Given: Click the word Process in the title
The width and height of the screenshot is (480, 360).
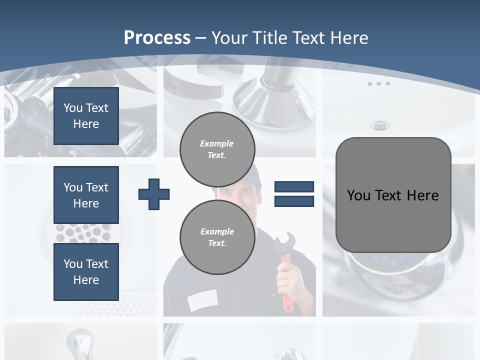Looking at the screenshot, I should click(157, 37).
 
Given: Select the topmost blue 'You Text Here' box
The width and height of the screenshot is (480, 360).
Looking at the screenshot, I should click(86, 116).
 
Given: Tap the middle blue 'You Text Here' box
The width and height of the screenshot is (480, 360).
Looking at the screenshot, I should click(86, 195).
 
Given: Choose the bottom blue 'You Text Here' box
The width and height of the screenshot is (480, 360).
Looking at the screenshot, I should click(86, 272).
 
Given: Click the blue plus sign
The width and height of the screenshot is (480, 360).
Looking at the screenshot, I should click(154, 194).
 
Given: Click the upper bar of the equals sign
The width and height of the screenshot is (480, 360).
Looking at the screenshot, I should click(294, 187).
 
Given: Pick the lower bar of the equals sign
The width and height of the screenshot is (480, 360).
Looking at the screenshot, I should click(294, 201).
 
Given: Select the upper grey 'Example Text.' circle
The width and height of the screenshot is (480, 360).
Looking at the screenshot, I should click(217, 149).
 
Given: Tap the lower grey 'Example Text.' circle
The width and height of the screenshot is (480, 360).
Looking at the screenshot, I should click(217, 237).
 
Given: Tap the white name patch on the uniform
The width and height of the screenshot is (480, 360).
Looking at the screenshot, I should click(202, 300).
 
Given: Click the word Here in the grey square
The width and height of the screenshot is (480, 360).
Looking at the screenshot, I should click(422, 195).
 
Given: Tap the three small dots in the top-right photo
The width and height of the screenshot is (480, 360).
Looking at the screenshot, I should click(378, 83).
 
